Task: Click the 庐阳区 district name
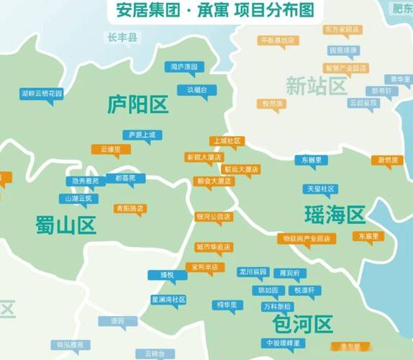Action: (x=137, y=105)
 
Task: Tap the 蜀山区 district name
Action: (x=65, y=225)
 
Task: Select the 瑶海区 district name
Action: (x=335, y=214)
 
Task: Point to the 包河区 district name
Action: (x=303, y=322)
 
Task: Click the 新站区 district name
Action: (x=316, y=86)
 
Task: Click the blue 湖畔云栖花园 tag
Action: (x=42, y=93)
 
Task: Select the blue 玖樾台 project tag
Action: (x=197, y=90)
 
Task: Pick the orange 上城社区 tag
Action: (x=226, y=141)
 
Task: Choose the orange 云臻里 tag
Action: (x=110, y=149)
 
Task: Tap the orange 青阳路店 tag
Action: (x=130, y=208)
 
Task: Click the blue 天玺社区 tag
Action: (x=321, y=189)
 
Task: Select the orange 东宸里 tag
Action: (x=368, y=235)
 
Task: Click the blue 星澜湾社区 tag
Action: (x=168, y=299)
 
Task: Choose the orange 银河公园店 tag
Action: (x=214, y=216)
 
